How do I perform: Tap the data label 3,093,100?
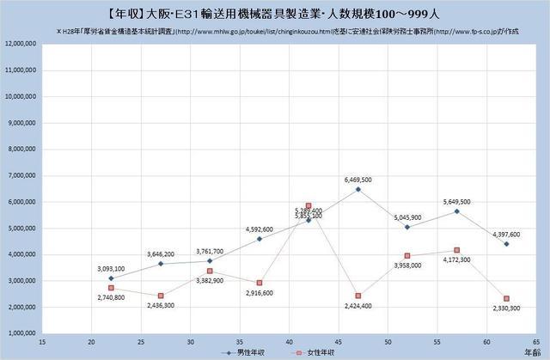tap(111, 268)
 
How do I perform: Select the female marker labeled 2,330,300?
tap(506, 298)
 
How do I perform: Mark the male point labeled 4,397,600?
tap(506, 244)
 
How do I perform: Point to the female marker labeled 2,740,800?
tap(111, 288)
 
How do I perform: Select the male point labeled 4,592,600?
tap(259, 239)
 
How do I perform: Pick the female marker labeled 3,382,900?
tap(210, 271)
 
